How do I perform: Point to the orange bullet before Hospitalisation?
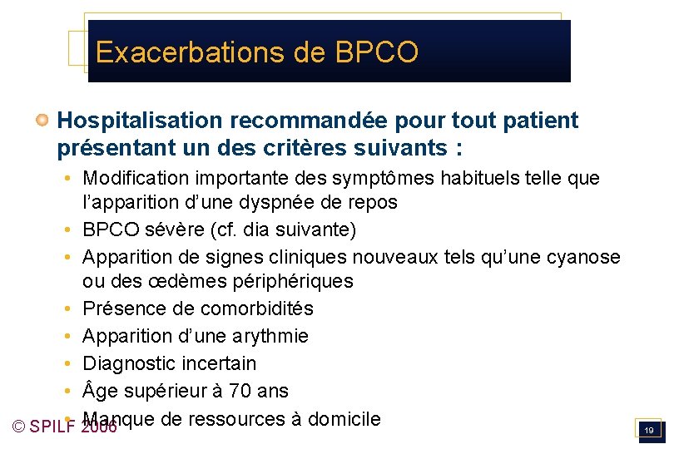41,121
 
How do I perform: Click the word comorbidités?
257,308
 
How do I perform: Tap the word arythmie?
270,336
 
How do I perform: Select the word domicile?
344,419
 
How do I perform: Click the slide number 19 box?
647,430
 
